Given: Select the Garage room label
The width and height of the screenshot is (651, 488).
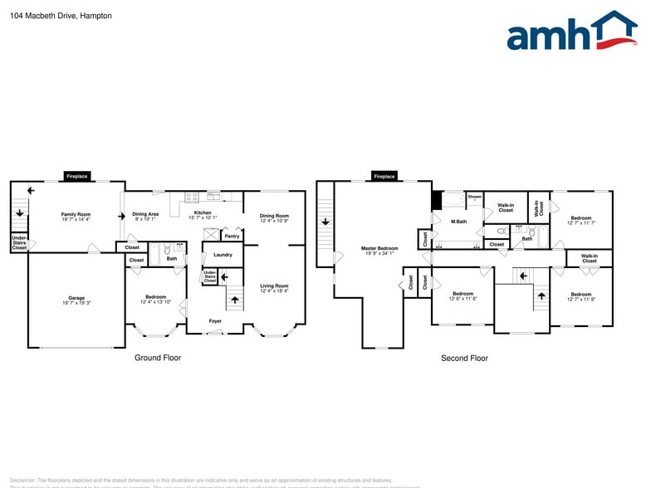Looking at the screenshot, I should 76,300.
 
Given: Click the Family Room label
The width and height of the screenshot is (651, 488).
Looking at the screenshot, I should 76,217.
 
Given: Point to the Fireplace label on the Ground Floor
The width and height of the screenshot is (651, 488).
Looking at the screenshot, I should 77,177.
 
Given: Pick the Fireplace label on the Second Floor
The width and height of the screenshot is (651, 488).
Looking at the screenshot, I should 384,177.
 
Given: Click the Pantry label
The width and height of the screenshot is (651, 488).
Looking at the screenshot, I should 232,237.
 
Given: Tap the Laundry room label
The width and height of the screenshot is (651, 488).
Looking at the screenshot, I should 223,255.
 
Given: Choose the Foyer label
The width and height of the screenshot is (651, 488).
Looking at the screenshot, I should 215,320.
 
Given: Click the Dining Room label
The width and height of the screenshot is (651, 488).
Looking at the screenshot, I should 274,217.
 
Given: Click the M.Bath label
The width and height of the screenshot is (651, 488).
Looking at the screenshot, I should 458,222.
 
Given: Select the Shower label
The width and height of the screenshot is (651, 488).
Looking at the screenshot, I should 474,198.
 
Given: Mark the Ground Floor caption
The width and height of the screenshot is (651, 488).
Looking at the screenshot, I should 158,358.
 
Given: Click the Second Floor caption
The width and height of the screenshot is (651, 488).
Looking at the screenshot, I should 464,359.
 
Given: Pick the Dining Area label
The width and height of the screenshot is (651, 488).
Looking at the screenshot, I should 145,216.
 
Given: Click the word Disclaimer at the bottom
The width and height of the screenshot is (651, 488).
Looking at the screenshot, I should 22,480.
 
